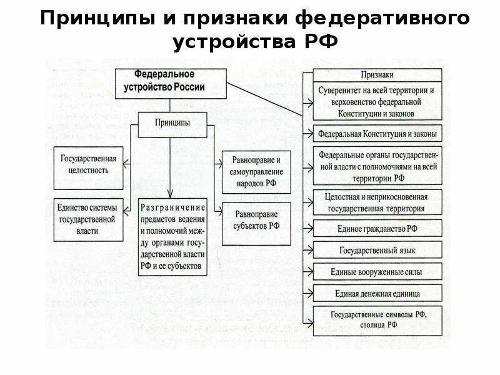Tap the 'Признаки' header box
click(x=377, y=74)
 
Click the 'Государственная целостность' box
click(x=88, y=164)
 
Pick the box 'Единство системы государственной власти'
click(x=88, y=220)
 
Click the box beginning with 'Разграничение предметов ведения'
click(x=172, y=236)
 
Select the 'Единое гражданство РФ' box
click(x=377, y=228)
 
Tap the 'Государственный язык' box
click(x=377, y=250)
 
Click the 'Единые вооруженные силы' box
click(x=377, y=271)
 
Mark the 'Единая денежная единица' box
click(x=377, y=293)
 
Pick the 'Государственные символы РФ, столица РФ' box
click(x=377, y=320)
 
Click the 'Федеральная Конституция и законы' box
click(x=377, y=134)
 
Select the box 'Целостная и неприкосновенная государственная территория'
click(x=377, y=202)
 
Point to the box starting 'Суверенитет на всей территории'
click(x=377, y=101)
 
